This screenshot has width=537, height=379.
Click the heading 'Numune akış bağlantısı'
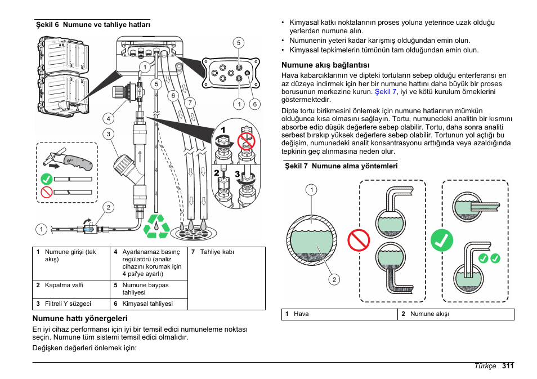(321, 65)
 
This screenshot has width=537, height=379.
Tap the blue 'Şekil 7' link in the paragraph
(386, 91)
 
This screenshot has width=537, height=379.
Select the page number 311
(508, 366)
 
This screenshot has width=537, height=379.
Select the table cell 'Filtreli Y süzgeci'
(68, 304)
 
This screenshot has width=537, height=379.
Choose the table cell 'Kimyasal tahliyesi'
(147, 304)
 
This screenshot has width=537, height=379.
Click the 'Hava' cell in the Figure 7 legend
(301, 314)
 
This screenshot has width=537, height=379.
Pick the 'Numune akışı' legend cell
(429, 314)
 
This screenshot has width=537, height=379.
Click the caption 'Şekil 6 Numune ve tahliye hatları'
(93, 25)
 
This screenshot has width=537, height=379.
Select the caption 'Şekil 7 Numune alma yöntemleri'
(341, 166)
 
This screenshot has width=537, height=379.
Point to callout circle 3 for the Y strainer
(108, 134)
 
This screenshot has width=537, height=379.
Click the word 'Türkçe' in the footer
(485, 366)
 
